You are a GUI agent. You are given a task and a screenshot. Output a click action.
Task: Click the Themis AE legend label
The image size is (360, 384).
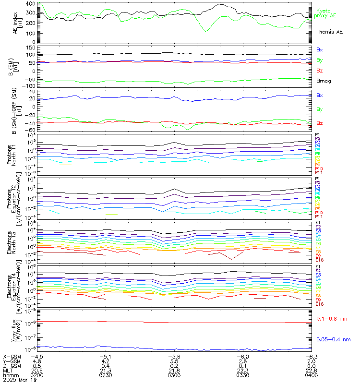click(329, 31)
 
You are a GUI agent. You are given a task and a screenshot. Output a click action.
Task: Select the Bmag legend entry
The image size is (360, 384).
click(324, 81)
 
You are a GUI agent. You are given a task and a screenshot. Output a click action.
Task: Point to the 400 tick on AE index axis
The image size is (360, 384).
click(30, 4)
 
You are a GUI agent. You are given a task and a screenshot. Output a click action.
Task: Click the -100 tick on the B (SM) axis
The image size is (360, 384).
click(28, 85)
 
